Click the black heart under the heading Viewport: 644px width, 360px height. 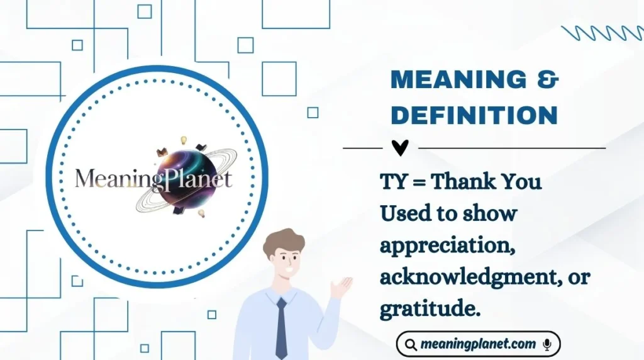click(400, 148)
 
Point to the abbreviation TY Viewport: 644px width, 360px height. click(393, 183)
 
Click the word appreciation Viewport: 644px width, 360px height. click(444, 246)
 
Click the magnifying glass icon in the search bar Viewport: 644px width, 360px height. click(411, 345)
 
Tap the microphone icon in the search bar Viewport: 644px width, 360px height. click(547, 344)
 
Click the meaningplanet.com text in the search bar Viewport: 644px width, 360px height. click(478, 344)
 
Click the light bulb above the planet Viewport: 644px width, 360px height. click(184, 140)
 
